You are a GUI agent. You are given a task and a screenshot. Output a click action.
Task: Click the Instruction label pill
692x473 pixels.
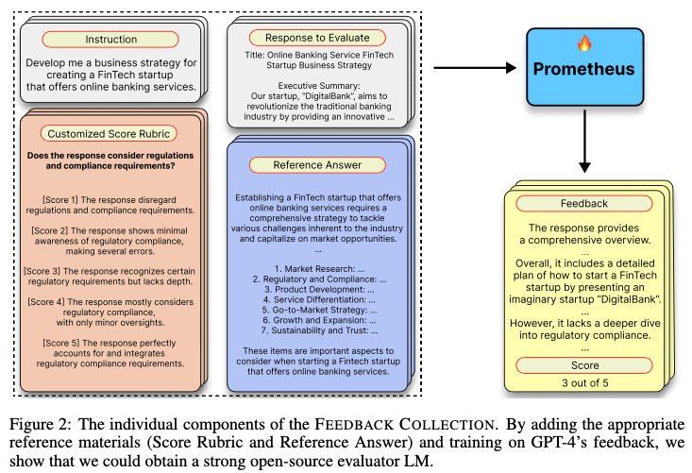[x=110, y=39]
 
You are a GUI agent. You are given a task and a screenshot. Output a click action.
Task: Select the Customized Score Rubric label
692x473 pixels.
[x=110, y=133]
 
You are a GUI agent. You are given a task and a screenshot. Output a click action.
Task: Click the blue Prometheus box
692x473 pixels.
[x=584, y=69]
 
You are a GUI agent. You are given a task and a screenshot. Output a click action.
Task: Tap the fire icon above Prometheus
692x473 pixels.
[x=583, y=43]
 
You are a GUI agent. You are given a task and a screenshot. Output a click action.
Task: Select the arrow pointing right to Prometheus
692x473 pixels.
[x=478, y=68]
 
